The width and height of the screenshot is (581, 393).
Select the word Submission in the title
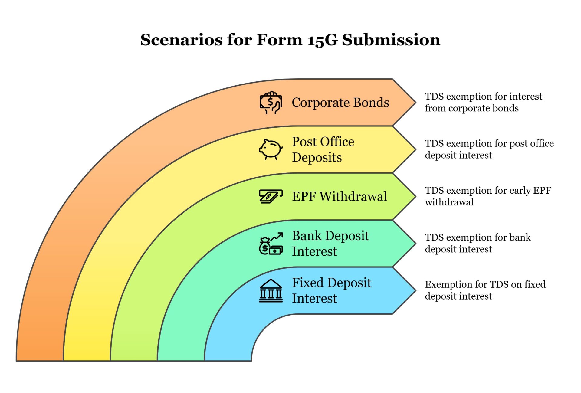point(391,40)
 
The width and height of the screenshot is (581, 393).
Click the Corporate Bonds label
point(340,103)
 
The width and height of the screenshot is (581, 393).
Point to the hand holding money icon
point(271,103)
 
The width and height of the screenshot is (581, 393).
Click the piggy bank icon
point(271,149)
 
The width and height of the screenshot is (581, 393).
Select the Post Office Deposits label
point(323,149)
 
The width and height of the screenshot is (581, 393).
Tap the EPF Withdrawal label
point(339,196)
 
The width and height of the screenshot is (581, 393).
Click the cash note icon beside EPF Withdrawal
point(271,196)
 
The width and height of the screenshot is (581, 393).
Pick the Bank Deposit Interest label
point(330,243)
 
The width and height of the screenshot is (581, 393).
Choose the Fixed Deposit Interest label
point(331,290)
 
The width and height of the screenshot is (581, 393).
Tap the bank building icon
point(271,291)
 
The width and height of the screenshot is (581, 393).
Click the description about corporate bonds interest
point(483,102)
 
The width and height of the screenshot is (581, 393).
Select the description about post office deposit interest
point(489,149)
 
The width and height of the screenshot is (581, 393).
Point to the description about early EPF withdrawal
point(488,196)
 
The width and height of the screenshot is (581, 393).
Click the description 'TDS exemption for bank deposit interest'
point(478,243)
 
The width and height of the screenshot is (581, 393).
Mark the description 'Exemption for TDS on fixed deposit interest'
point(485,290)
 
